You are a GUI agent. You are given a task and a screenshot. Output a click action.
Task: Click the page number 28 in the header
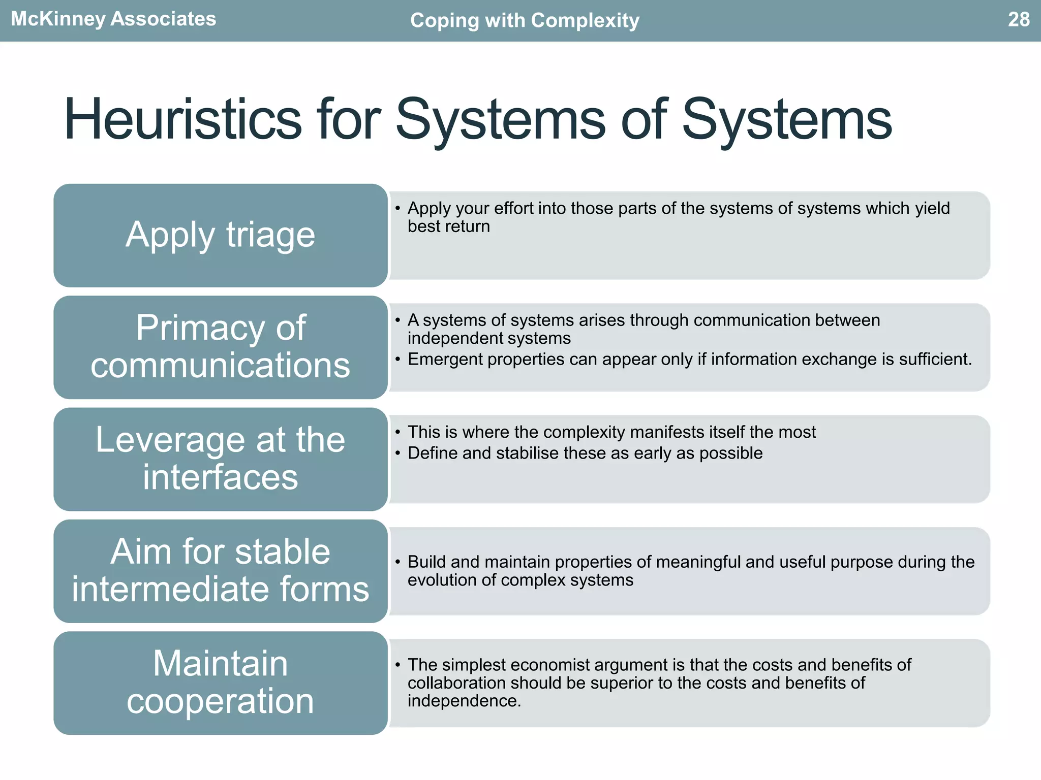point(1018,19)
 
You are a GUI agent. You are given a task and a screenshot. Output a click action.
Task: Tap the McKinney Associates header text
point(113,19)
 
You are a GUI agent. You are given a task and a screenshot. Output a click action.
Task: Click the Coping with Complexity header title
point(524,20)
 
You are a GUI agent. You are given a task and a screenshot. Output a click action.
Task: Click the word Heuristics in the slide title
point(182,120)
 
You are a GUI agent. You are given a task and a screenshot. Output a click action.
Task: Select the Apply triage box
point(220,235)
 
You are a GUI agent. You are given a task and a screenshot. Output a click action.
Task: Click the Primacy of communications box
point(220,347)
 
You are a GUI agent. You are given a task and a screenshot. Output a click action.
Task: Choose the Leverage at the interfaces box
point(220,459)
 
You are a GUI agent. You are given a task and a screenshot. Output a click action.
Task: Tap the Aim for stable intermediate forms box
point(220,571)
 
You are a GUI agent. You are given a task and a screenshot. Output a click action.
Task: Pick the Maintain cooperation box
point(220,682)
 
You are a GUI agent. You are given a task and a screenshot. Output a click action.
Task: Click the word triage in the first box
point(270,235)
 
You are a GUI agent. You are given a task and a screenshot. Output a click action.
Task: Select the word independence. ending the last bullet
point(464,701)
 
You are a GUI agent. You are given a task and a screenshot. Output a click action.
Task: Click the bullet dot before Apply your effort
point(397,208)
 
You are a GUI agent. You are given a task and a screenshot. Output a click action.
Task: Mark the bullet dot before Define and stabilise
point(397,452)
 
